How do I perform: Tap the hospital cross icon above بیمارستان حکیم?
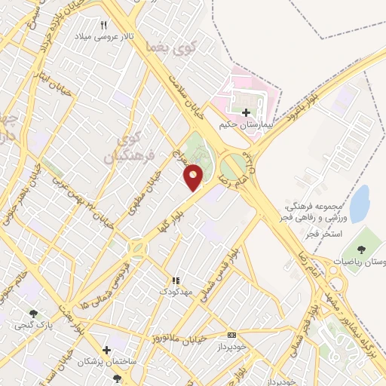pyautogui.click(x=248, y=112)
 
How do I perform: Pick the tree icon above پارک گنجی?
pyautogui.click(x=32, y=314)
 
